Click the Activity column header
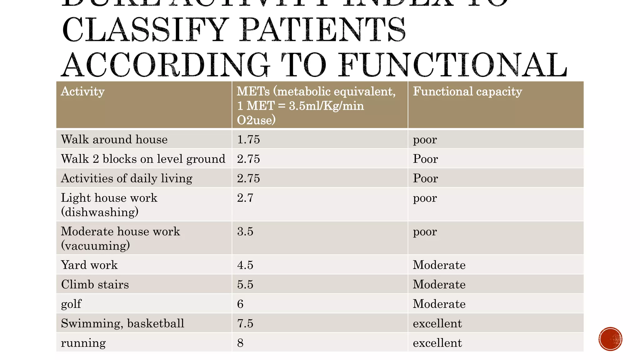tap(83, 92)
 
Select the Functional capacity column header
tap(467, 92)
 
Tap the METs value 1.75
tap(248, 139)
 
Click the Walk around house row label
tap(114, 139)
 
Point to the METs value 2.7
tap(245, 198)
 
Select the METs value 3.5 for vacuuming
tap(245, 232)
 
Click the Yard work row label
tap(89, 265)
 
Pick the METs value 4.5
tap(245, 265)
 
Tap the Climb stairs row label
tap(95, 284)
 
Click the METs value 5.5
tap(245, 284)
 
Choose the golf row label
tap(71, 304)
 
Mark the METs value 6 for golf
tap(240, 304)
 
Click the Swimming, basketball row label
tap(122, 323)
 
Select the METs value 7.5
tap(245, 323)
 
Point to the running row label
tap(83, 343)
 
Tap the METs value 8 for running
tap(240, 343)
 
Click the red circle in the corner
tap(610, 339)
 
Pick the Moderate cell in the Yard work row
tap(439, 265)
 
